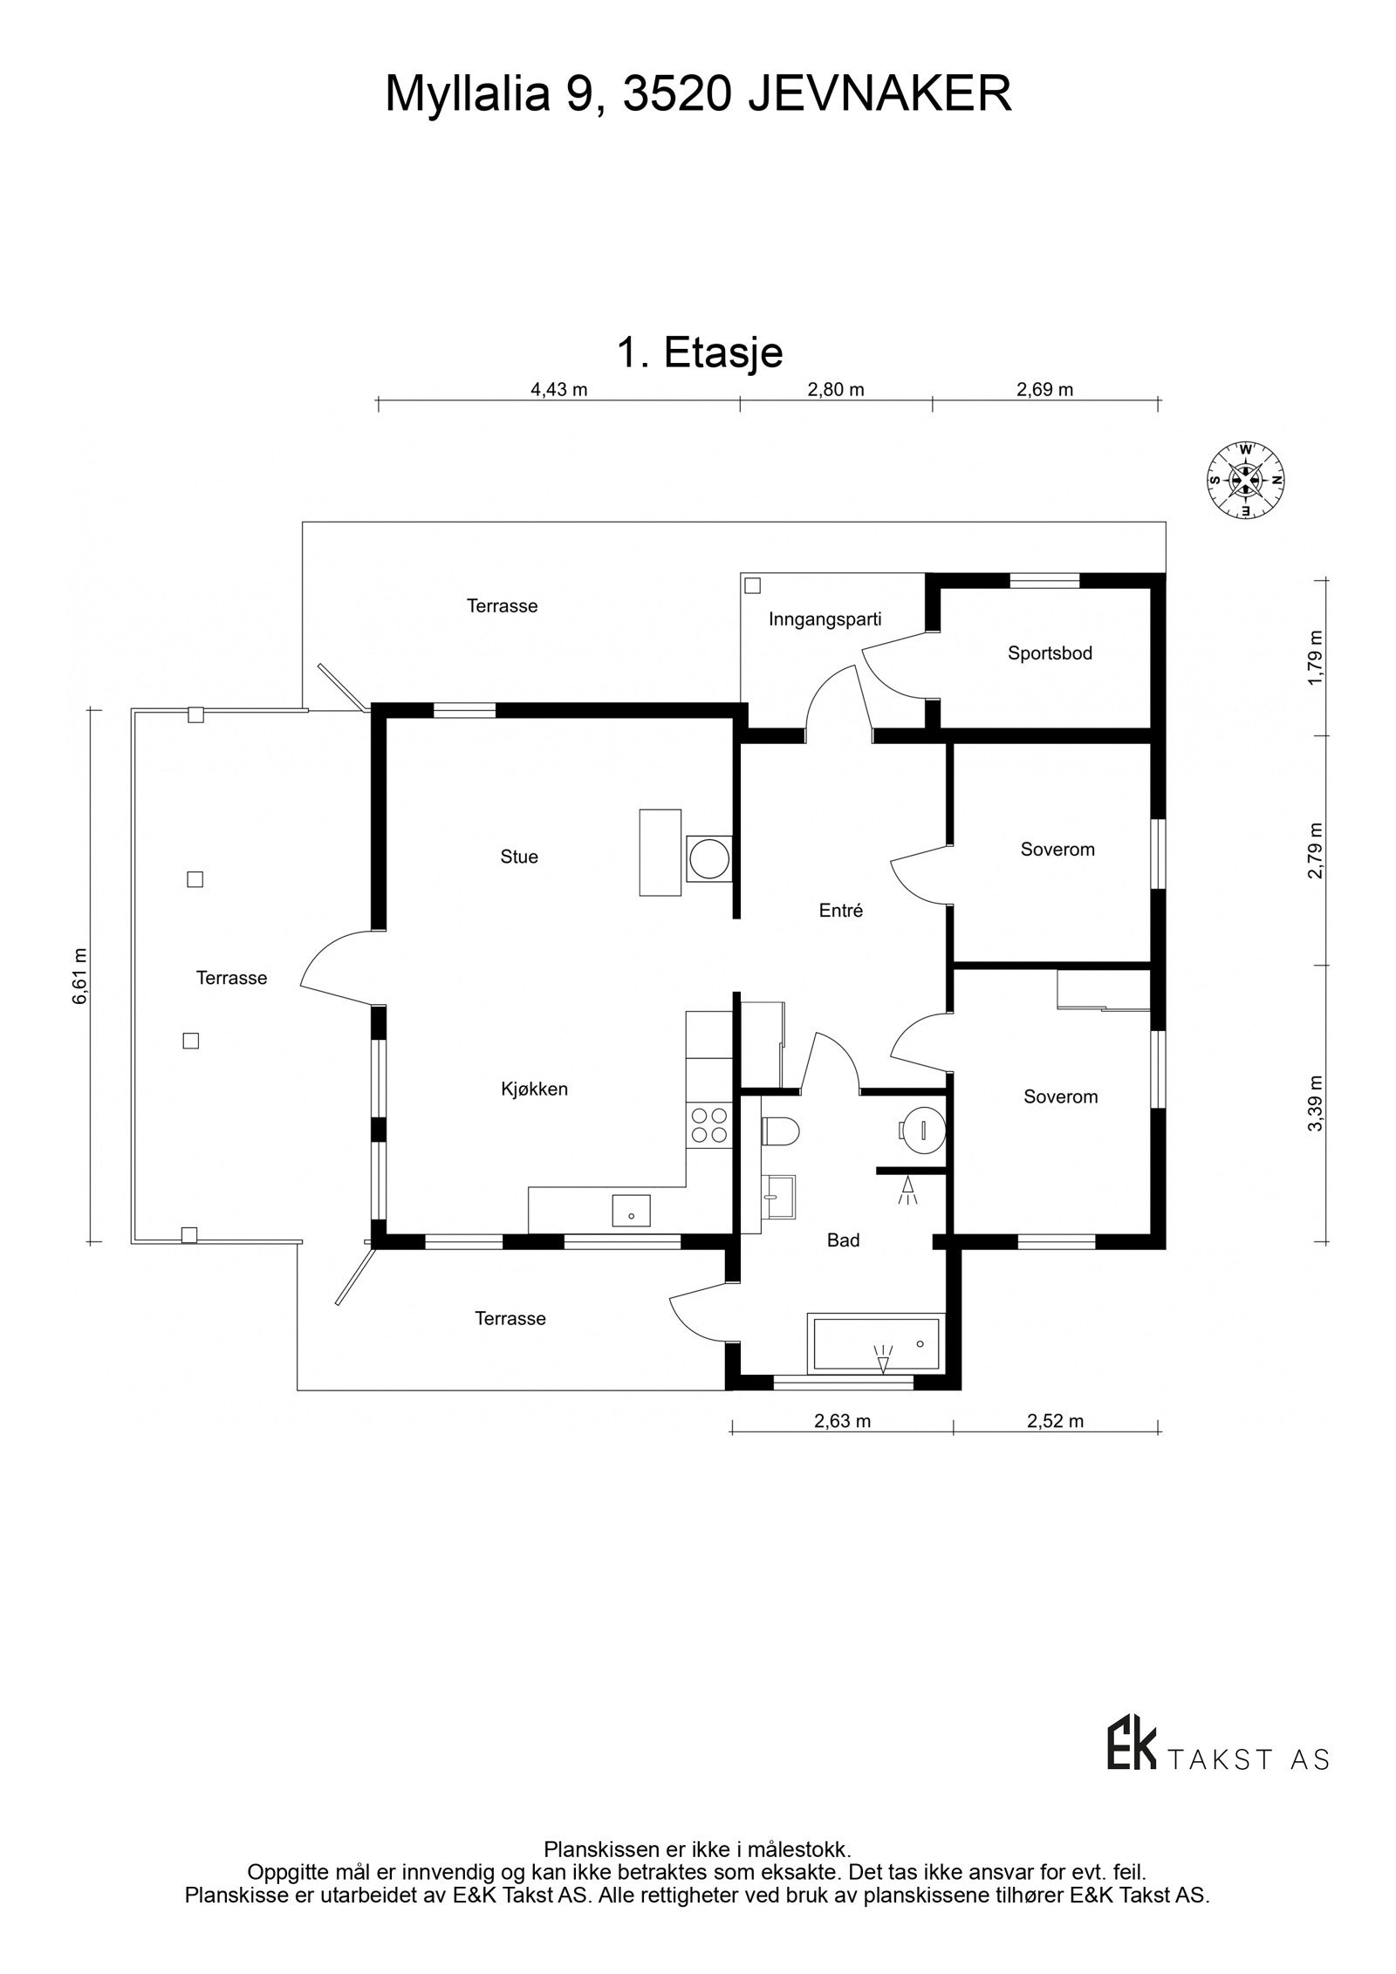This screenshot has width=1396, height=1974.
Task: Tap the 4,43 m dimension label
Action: coord(559,389)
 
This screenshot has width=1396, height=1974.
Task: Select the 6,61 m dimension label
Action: coord(80,975)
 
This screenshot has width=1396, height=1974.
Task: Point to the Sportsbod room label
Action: coord(1050,652)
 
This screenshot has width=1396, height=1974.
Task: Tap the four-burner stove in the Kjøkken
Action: coord(708,1124)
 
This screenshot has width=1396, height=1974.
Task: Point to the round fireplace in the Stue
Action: coord(708,859)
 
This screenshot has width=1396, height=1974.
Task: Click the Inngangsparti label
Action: coord(825,619)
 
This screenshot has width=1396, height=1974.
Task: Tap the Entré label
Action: coord(841,911)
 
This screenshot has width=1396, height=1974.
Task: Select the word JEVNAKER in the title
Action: coord(879,94)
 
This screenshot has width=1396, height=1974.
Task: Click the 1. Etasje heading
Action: coord(700,352)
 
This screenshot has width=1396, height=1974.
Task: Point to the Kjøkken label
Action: coord(534,1089)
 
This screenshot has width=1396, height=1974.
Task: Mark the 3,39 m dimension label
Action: coord(1316,1103)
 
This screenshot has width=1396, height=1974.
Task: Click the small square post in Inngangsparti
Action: coord(753,585)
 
